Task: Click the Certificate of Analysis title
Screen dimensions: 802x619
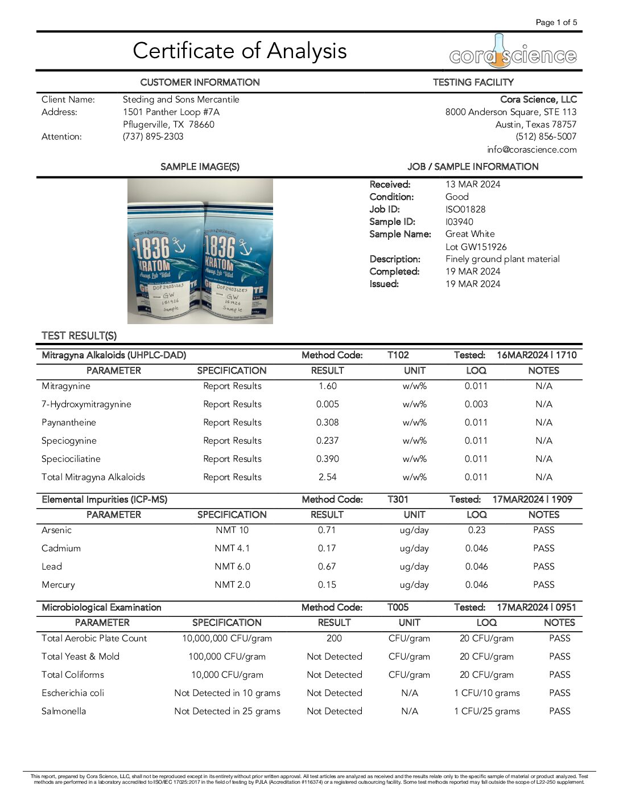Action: coord(240,51)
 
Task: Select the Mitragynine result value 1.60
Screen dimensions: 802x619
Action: coord(327,386)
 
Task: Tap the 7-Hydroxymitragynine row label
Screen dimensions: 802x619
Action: coord(86,404)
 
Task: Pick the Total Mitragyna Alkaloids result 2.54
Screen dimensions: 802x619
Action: coord(327,477)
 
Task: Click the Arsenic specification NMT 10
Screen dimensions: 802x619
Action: coord(232,530)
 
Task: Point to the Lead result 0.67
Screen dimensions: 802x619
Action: coord(327,567)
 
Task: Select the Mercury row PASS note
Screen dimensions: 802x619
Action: coord(543,585)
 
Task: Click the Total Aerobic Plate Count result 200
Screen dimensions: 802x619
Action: coord(334,639)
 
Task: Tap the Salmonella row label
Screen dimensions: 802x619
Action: coord(64,711)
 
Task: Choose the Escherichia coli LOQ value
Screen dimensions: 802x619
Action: coord(486,693)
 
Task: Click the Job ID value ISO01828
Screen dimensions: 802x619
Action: coord(465,210)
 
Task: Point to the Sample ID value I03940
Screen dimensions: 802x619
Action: coord(459,222)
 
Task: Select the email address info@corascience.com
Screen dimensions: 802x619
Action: coord(531,150)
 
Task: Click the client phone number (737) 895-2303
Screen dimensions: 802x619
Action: coord(153,137)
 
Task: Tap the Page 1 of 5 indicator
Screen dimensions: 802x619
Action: coord(556,22)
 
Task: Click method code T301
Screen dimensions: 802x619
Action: coord(398,500)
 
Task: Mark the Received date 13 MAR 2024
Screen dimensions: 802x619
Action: coord(473,185)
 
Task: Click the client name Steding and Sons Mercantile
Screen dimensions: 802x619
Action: coord(181,100)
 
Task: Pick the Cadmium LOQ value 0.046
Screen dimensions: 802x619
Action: coord(476,549)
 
